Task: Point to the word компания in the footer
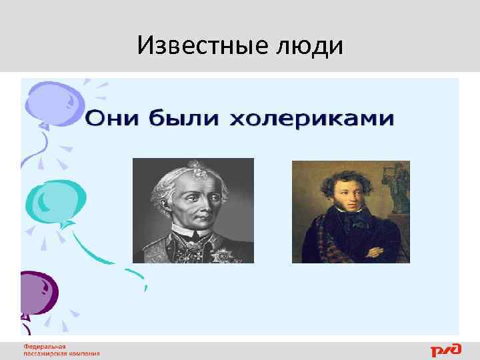(x=85, y=354)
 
